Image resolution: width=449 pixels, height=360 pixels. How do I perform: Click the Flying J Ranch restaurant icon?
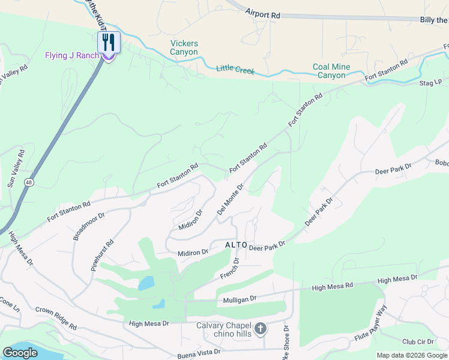[x=109, y=43]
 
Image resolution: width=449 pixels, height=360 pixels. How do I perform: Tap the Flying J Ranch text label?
[x=71, y=56]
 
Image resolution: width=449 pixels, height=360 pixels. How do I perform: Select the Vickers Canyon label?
[x=184, y=48]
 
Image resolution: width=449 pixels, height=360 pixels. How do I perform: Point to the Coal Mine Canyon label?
[x=329, y=71]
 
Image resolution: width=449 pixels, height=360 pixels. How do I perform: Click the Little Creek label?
[x=235, y=70]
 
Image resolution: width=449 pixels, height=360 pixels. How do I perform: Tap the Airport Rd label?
[x=263, y=11]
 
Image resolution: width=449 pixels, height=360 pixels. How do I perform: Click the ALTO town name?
[x=236, y=245]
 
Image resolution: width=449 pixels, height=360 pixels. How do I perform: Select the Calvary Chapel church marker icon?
[x=260, y=328]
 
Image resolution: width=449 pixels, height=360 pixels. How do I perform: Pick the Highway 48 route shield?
[x=29, y=182]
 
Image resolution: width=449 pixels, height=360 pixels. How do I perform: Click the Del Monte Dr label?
[x=230, y=199]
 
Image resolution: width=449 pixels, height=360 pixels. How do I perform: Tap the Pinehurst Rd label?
[x=103, y=256]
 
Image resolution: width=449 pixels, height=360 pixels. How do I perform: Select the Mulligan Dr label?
[x=240, y=298]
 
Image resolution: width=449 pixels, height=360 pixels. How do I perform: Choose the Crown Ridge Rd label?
[x=56, y=319]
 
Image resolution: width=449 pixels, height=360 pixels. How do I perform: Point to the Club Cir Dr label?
[x=418, y=341]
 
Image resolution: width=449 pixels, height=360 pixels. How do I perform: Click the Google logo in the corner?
[x=20, y=353]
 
